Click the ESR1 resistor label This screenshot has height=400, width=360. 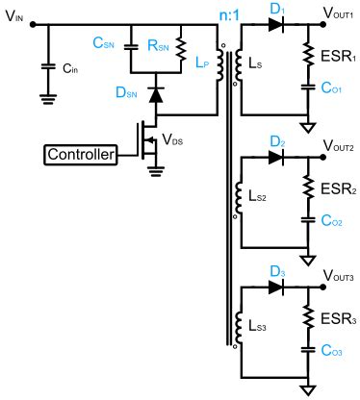337,56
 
